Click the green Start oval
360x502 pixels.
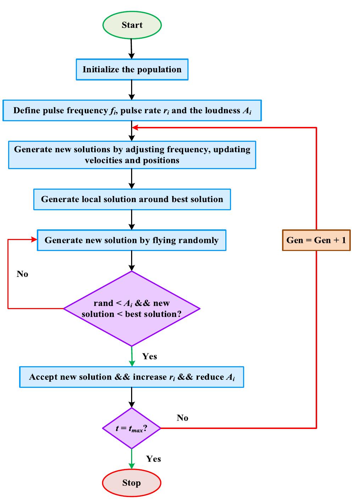coord(132,25)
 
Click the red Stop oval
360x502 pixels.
coord(131,483)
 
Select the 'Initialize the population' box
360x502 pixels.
coord(132,69)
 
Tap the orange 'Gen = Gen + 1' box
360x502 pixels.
coord(316,240)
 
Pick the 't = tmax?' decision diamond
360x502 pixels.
coord(131,428)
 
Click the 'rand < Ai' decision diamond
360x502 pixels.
coord(131,308)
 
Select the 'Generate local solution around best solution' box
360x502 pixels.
coord(132,199)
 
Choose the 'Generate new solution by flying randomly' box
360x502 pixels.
coord(131,240)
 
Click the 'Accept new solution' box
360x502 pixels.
coord(131,377)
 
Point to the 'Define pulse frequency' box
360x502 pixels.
coord(132,111)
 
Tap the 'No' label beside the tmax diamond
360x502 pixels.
coord(182,418)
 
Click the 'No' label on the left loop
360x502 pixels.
coord(22,274)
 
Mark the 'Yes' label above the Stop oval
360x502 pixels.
coord(153,459)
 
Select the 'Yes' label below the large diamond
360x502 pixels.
coord(150,356)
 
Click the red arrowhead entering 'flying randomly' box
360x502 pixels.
coord(34,240)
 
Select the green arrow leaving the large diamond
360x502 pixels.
coord(132,357)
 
